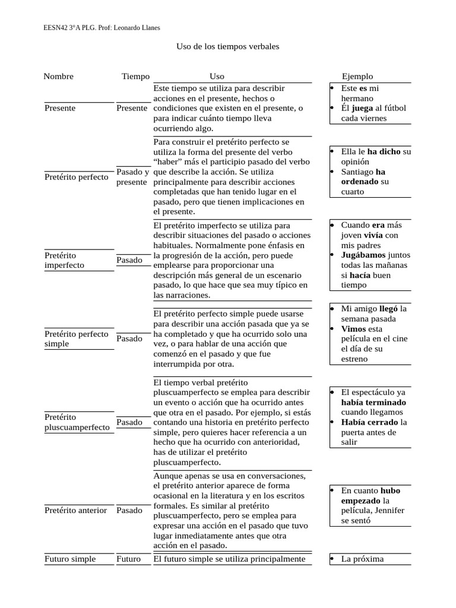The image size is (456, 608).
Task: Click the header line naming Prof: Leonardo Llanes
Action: pyautogui.click(x=102, y=27)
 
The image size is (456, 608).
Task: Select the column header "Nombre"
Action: pyautogui.click(x=58, y=76)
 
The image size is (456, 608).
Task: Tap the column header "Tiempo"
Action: pyautogui.click(x=135, y=76)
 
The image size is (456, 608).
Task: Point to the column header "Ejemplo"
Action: pyautogui.click(x=357, y=76)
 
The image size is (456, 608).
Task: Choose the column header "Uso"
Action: pyautogui.click(x=217, y=76)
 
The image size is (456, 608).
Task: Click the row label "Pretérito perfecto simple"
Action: pyautogui.click(x=76, y=338)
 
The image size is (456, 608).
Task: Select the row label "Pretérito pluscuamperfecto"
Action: pyautogui.click(x=77, y=422)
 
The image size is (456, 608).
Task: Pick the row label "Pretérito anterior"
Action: pyautogui.click(x=75, y=510)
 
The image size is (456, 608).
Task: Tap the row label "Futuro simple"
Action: pyautogui.click(x=69, y=559)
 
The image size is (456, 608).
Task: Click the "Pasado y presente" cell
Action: pyautogui.click(x=132, y=177)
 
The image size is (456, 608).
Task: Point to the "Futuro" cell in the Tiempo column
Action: pyautogui.click(x=129, y=559)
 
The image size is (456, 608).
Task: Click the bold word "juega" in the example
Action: pyautogui.click(x=362, y=108)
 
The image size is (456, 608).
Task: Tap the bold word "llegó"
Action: pyautogui.click(x=389, y=309)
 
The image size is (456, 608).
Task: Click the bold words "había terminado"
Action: pyautogui.click(x=373, y=402)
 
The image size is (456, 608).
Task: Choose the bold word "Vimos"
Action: pyautogui.click(x=353, y=329)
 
